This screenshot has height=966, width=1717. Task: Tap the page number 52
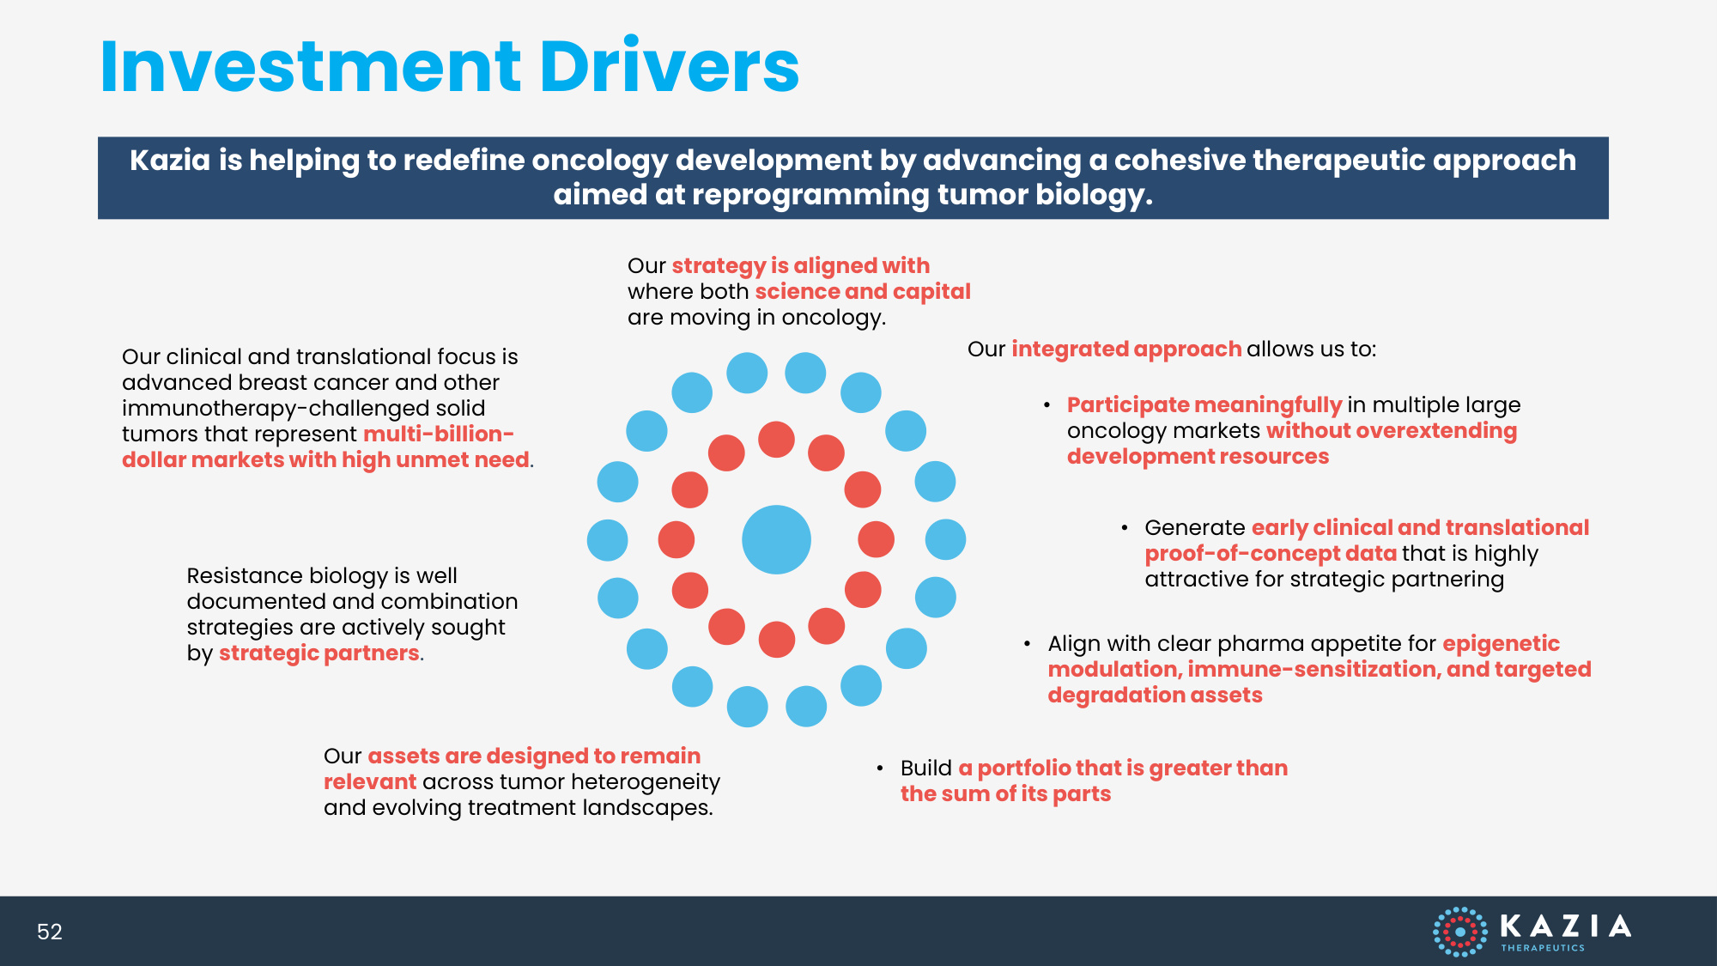tap(50, 932)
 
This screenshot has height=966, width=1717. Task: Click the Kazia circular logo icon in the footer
tap(1459, 932)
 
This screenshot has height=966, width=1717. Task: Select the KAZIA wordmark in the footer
tap(1565, 926)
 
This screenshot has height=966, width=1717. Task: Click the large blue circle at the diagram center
tap(776, 539)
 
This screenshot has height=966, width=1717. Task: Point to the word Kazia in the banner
tap(170, 161)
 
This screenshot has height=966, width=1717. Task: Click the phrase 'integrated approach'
tap(1126, 349)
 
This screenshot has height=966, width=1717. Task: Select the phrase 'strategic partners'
tap(319, 653)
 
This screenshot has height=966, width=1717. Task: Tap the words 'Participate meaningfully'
tap(1204, 405)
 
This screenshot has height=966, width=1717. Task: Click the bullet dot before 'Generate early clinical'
tap(1125, 528)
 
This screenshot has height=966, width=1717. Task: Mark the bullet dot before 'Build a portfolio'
tap(880, 769)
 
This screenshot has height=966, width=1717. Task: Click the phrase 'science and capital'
tap(863, 292)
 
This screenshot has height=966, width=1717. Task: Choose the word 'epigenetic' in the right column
tap(1501, 644)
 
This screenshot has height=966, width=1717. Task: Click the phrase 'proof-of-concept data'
tap(1271, 554)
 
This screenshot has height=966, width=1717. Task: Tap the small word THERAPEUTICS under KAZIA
tap(1543, 948)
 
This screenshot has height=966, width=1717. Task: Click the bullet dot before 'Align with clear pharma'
tap(1028, 644)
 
